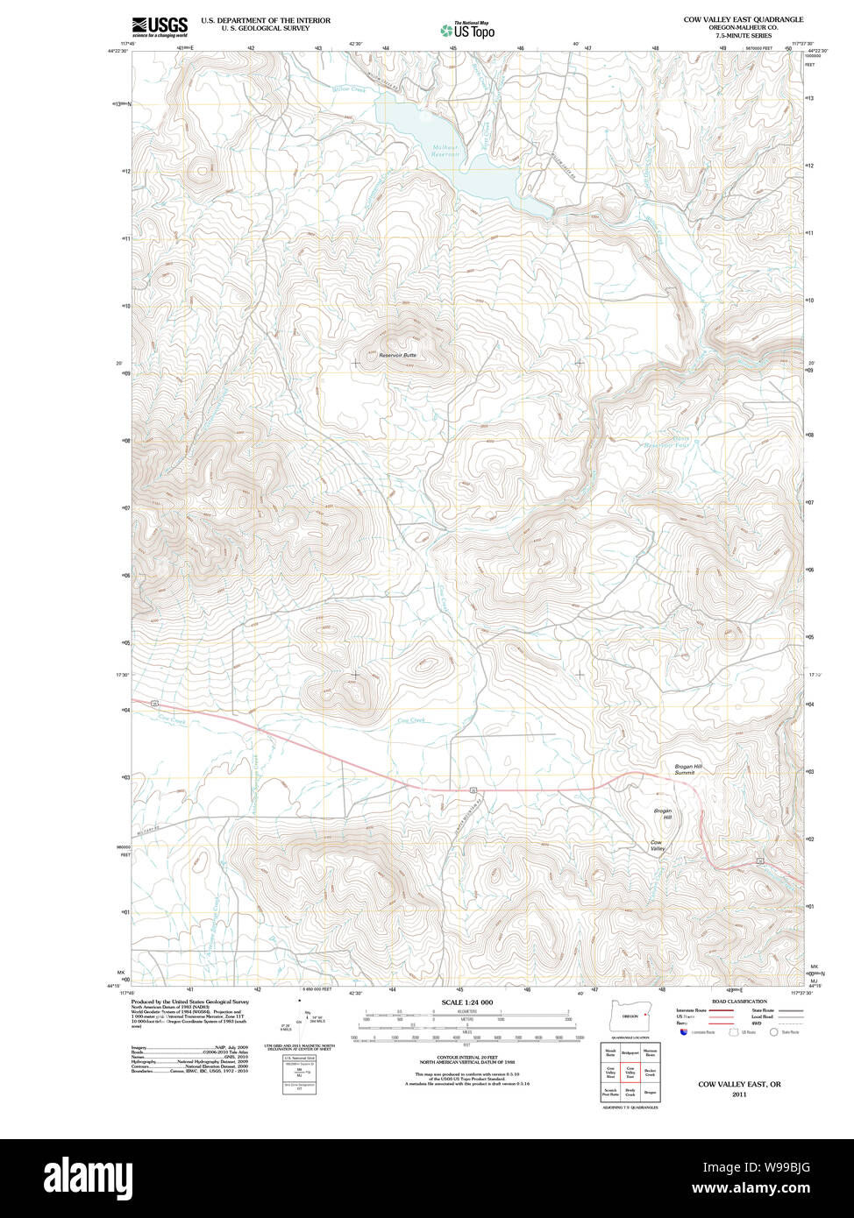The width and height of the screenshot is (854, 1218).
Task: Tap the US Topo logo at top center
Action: click(468, 30)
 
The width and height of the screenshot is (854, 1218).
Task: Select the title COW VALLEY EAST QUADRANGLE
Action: click(744, 19)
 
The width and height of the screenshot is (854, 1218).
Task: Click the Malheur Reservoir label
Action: click(445, 151)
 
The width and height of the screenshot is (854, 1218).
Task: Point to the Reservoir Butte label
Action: click(397, 355)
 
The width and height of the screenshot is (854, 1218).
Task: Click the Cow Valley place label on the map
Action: click(658, 846)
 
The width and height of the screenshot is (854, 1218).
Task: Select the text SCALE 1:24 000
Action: click(467, 1002)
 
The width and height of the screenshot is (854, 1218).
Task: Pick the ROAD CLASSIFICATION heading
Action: click(739, 1002)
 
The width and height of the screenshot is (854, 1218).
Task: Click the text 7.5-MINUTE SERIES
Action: click(744, 36)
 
